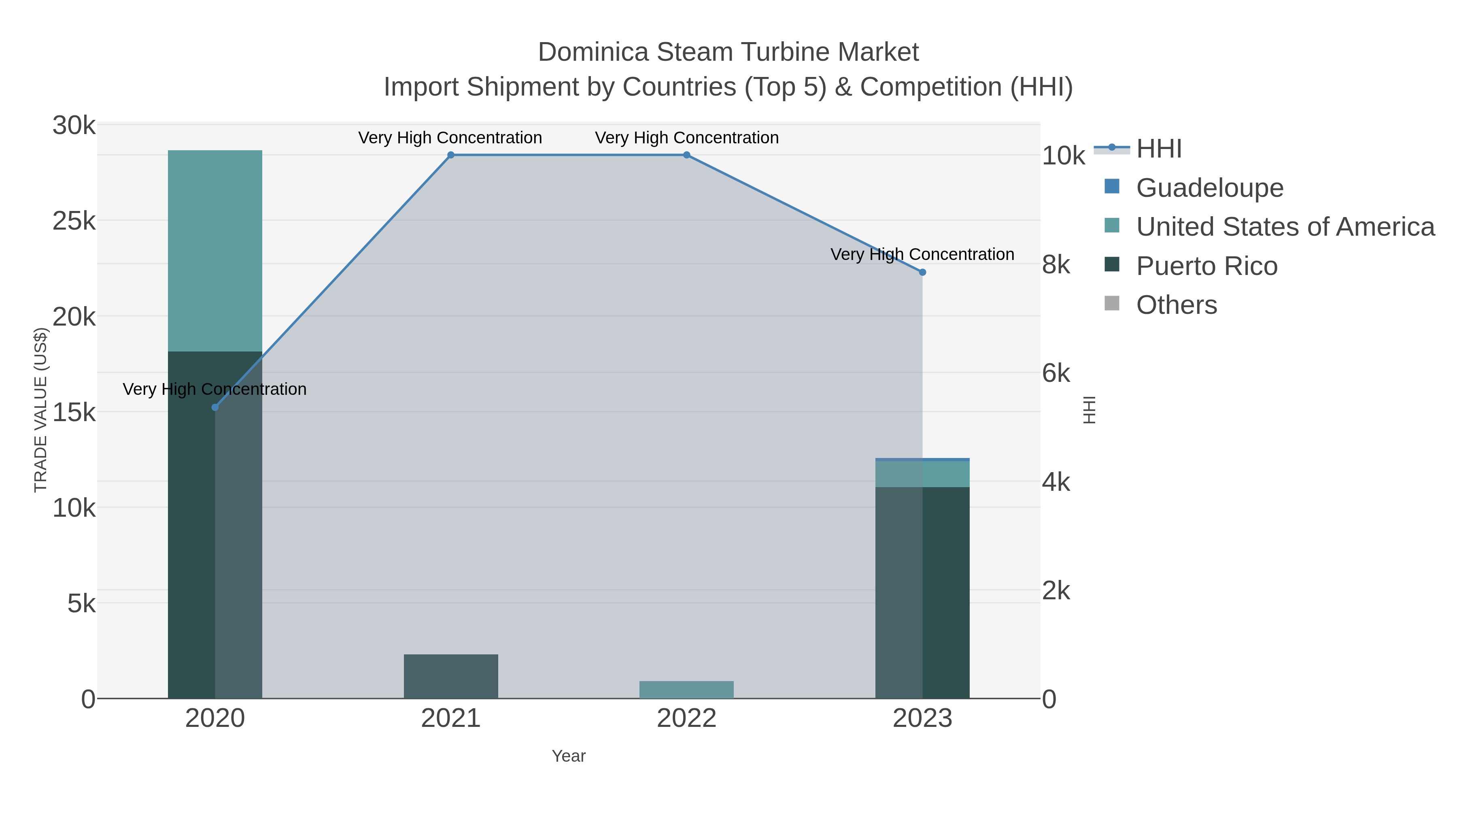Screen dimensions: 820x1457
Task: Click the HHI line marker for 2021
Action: pos(451,155)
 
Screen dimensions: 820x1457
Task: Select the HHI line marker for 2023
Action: pos(922,272)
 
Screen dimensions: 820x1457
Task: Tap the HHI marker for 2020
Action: pos(215,407)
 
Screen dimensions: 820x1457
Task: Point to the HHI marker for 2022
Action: pos(687,155)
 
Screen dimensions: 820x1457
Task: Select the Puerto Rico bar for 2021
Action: pos(451,676)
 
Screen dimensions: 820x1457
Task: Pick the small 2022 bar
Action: pos(687,690)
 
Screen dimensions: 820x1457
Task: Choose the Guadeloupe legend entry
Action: pos(1209,188)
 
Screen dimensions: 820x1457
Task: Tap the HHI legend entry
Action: pos(1158,149)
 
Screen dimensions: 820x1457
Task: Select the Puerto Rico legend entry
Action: pos(1206,266)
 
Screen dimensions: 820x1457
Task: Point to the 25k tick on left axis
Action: pos(74,221)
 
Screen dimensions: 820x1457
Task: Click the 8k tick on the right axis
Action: pos(1056,265)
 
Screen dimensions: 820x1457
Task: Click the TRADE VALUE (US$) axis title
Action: pos(41,410)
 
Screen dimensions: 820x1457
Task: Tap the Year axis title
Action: pos(569,756)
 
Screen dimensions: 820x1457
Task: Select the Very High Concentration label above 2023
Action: pos(922,254)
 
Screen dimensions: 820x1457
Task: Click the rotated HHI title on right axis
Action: pos(1089,410)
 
